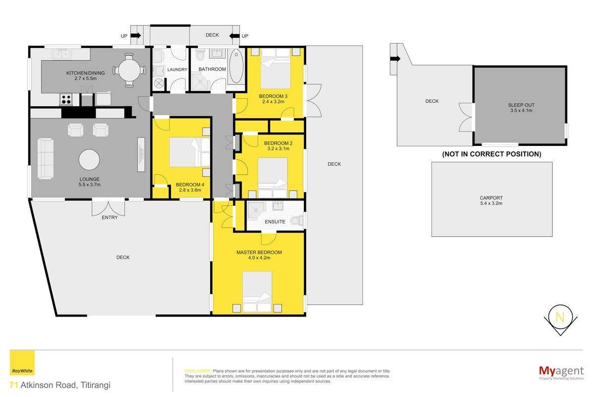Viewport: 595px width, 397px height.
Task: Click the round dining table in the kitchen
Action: coord(129,70)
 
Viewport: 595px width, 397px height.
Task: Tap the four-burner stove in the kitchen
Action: coord(66,99)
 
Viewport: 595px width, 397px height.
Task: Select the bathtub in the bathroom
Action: coord(236,66)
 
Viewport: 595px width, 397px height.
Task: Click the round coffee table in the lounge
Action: coord(89,160)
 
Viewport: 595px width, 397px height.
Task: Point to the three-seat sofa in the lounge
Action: coord(46,158)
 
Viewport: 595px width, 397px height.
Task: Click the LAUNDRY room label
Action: coord(177,69)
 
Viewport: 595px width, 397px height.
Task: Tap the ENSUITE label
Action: coord(275,222)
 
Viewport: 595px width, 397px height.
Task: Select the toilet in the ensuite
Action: coord(297,220)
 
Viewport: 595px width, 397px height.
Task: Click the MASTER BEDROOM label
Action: coord(259,253)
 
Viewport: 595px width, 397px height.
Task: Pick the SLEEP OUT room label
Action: coord(521,105)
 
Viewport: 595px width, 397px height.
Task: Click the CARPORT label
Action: coord(491,198)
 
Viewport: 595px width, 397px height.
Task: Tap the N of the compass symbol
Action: coord(560,317)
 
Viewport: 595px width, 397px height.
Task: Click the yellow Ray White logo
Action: coord(22,363)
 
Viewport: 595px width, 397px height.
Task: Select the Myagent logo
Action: coord(561,372)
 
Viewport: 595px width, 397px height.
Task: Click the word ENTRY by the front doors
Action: coord(110,217)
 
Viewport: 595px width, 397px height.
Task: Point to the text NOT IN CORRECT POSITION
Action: coord(491,154)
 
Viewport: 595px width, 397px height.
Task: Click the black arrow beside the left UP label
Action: coord(136,35)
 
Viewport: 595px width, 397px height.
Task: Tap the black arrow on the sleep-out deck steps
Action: coord(395,59)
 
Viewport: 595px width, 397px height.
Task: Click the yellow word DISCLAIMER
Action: coord(198,371)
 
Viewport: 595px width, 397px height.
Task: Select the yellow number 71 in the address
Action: coord(14,385)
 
